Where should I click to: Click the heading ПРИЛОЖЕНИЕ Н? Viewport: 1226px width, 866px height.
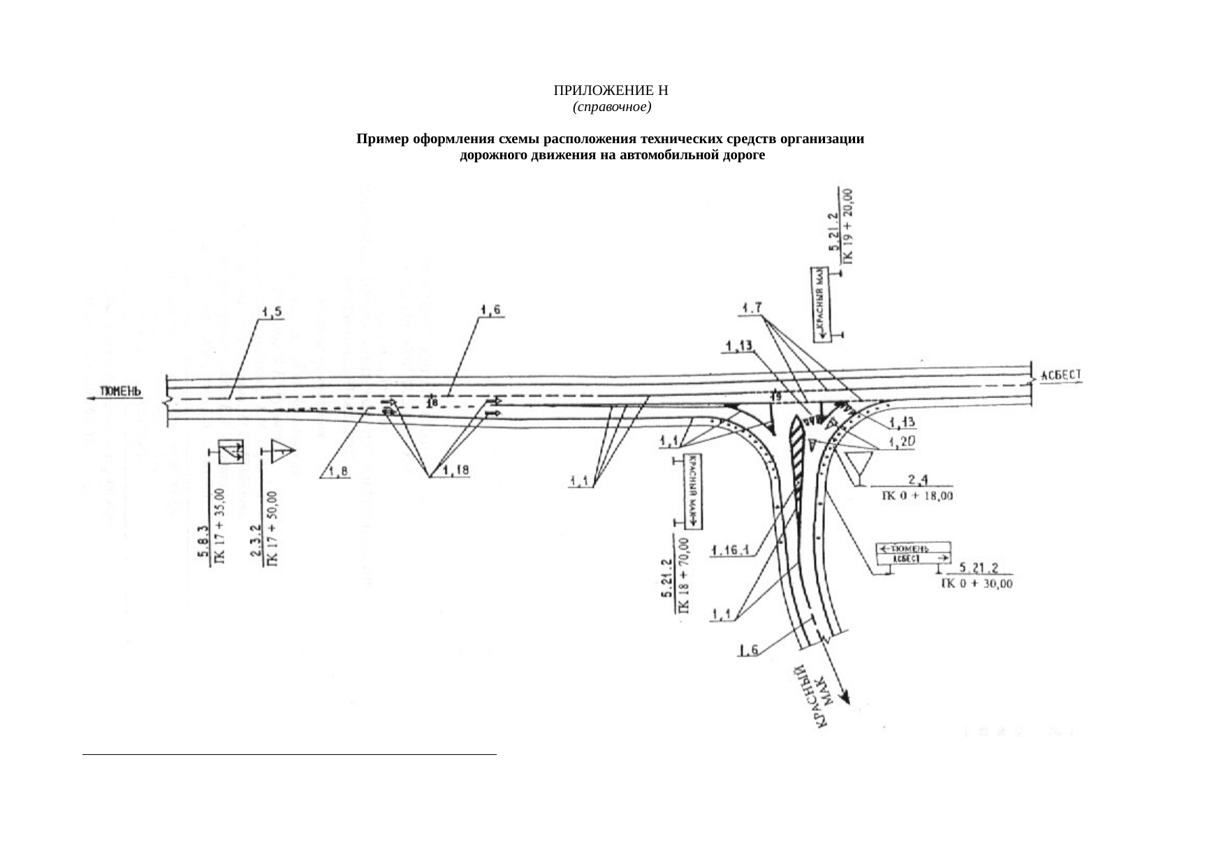[611, 91]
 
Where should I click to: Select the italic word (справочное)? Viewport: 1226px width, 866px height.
[611, 108]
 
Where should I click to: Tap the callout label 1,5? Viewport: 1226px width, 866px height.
[272, 311]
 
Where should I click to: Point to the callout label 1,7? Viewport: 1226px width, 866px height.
[752, 307]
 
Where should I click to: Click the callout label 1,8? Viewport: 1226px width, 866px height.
[336, 472]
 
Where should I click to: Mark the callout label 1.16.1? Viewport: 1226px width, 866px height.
[729, 551]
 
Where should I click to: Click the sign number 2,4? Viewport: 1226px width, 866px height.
[916, 480]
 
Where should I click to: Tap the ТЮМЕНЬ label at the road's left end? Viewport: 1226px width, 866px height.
[122, 391]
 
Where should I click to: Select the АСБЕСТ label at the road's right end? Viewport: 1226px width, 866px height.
[1061, 376]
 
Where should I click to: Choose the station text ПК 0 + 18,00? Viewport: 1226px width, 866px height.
[916, 497]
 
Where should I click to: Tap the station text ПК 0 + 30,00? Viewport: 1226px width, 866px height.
[977, 583]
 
